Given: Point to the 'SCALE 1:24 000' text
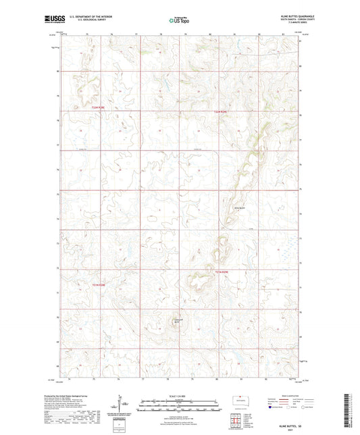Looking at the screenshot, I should tap(180, 395).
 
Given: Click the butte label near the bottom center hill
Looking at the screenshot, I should tap(178, 321).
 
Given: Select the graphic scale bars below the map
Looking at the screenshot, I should tap(180, 405).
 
